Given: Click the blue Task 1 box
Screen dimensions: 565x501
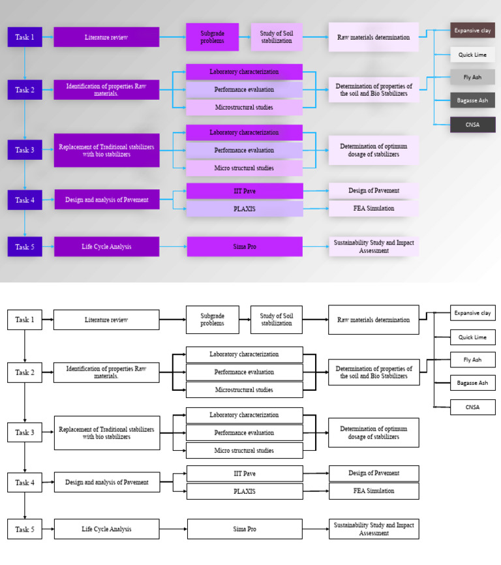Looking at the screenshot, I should (x=25, y=37).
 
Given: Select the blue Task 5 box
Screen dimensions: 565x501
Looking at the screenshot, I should (x=25, y=247).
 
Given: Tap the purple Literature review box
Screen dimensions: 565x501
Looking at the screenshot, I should (x=106, y=37).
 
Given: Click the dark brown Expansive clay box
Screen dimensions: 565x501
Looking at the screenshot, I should (x=472, y=30).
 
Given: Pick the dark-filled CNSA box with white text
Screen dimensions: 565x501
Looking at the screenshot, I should (x=472, y=125).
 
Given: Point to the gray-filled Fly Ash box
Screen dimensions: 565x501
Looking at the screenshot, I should (x=472, y=77).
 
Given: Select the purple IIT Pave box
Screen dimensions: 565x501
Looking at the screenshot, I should (x=244, y=191).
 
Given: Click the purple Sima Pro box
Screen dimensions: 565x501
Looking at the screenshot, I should (x=244, y=247).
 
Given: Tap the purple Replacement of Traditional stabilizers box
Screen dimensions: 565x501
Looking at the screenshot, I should (x=106, y=150).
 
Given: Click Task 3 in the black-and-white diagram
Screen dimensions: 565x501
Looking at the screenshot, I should (x=25, y=433).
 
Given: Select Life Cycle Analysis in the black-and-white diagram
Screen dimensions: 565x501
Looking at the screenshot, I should (x=106, y=529).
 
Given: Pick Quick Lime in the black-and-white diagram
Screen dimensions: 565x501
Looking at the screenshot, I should (x=472, y=337).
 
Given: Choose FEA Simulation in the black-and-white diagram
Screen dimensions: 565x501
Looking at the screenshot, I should (x=373, y=491).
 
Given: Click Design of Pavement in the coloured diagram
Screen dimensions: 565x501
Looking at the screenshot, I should (x=373, y=191).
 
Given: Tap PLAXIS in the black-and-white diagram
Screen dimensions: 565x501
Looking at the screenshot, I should (x=244, y=491).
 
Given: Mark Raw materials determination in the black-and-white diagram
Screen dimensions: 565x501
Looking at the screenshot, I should (x=373, y=320).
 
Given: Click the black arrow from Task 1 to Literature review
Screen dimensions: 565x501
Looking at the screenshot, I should (x=48, y=320).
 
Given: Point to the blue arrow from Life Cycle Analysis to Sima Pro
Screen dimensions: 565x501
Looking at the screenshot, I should (x=173, y=247).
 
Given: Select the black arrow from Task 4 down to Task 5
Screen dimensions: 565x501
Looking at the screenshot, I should (x=25, y=506).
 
